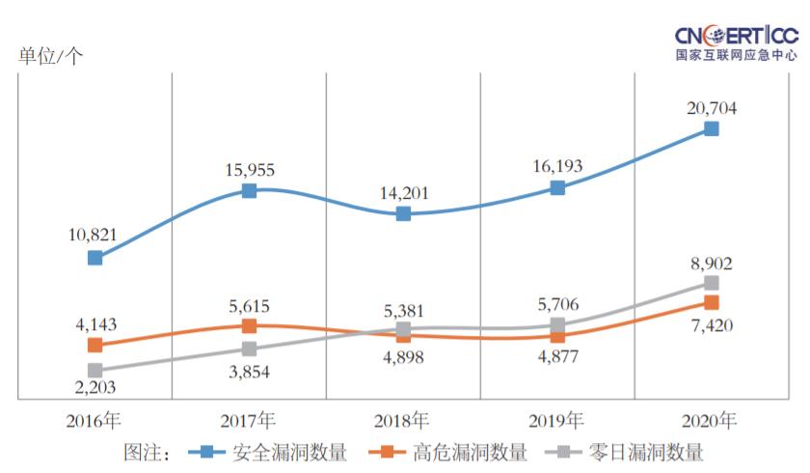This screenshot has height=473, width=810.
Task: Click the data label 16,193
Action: (556, 166)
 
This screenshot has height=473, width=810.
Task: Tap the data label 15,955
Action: (249, 170)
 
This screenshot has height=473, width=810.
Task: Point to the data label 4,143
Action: (94, 324)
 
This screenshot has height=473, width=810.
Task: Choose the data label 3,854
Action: (249, 371)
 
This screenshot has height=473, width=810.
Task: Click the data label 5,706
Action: (556, 304)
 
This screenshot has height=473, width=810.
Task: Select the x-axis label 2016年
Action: (94, 420)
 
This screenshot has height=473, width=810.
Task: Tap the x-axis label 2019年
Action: (556, 420)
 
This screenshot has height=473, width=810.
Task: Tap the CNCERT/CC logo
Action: (737, 42)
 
